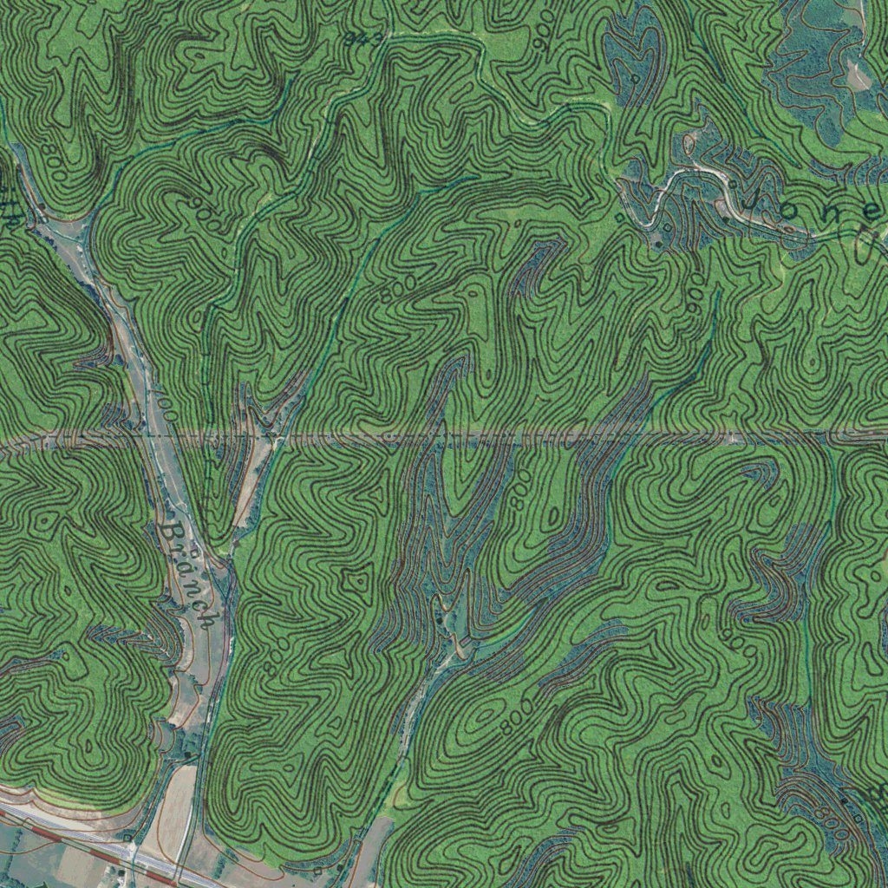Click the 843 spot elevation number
click(363, 39)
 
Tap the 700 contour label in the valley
click(165, 407)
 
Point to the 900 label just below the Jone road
click(695, 296)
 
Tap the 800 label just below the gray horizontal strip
click(519, 491)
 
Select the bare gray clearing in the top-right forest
click(859, 74)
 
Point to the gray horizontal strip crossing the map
click(520, 438)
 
